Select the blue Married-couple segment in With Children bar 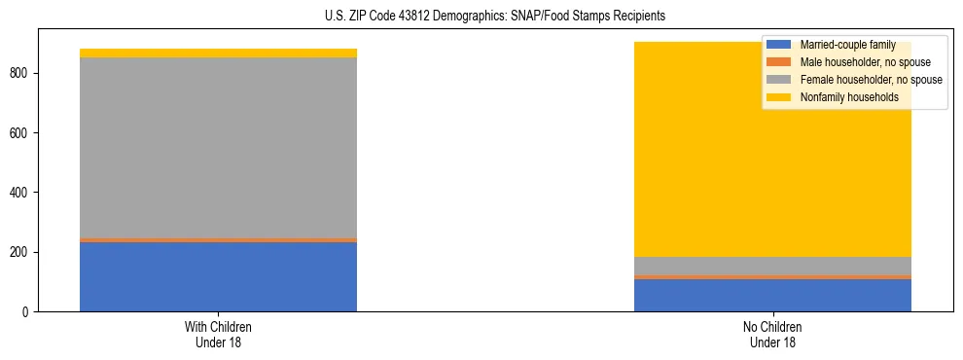[218, 276]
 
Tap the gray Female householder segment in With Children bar [218, 147]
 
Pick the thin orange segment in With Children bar [218, 239]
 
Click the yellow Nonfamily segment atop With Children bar [218, 53]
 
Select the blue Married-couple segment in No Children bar [772, 295]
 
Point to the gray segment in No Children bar [772, 266]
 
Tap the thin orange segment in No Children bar [772, 277]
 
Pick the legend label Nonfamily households [848, 97]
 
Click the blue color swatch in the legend [779, 45]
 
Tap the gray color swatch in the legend [779, 80]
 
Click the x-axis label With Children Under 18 [218, 334]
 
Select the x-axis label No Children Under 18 [772, 334]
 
